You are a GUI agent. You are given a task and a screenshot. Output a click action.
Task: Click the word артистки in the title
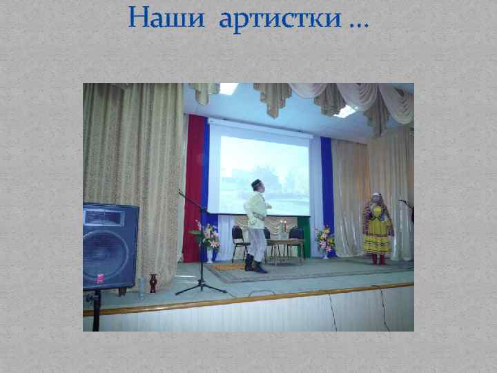click(280, 21)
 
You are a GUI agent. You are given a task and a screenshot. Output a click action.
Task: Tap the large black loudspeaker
click(110, 245)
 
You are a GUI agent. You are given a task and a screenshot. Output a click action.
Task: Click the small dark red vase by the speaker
click(153, 283)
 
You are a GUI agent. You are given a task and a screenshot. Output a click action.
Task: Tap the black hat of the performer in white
click(257, 183)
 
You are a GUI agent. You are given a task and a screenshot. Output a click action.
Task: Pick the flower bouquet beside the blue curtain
click(324, 239)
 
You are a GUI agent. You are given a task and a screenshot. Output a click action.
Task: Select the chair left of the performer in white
click(239, 242)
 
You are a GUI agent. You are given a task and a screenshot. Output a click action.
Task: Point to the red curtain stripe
click(195, 180)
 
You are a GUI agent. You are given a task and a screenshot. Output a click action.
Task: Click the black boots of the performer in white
click(255, 265)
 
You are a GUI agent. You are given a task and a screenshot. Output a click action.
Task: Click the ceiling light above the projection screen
click(228, 89)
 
